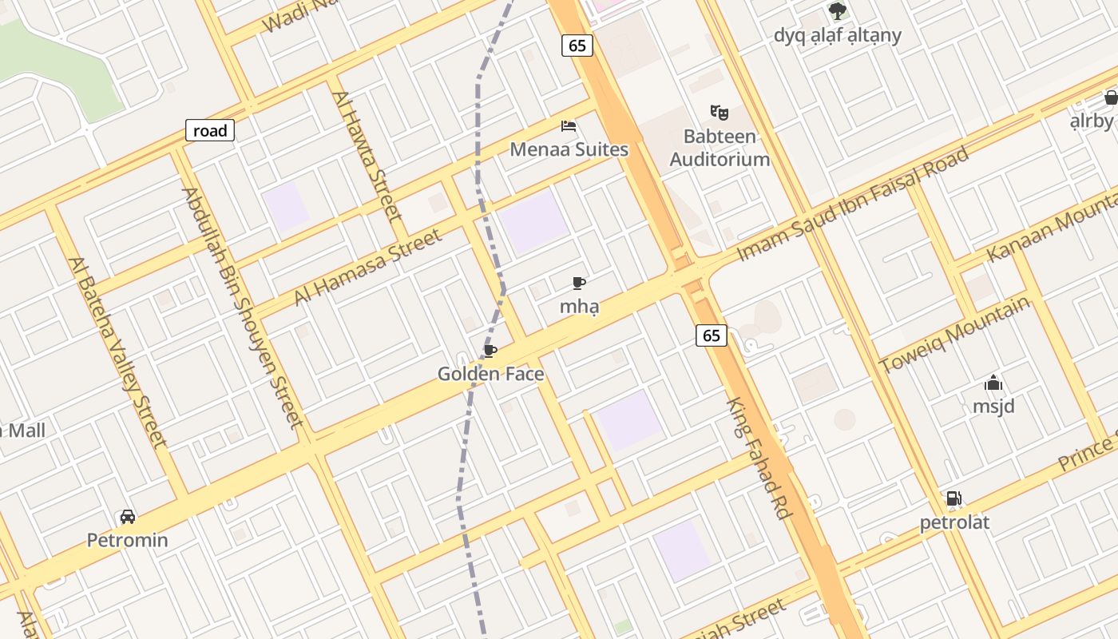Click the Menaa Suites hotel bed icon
coord(569,126)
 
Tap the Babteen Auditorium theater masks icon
coord(720,113)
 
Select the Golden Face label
coord(490,374)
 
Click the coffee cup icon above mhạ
coord(579,283)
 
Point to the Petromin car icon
coord(128,517)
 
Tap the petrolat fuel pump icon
coord(953,499)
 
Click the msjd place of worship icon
coord(993,383)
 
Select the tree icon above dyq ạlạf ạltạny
coord(837,11)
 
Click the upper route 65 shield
coord(577,46)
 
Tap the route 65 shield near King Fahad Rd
coord(712,335)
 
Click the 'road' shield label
coord(210,130)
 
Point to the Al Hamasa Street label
coord(367,268)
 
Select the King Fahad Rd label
coord(759,458)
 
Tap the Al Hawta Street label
coord(367,155)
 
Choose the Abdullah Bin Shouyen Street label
coord(243,308)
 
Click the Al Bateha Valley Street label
coord(117,351)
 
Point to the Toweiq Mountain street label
coord(955,335)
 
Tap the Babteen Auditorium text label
coord(720,148)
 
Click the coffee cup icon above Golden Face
coord(490,351)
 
